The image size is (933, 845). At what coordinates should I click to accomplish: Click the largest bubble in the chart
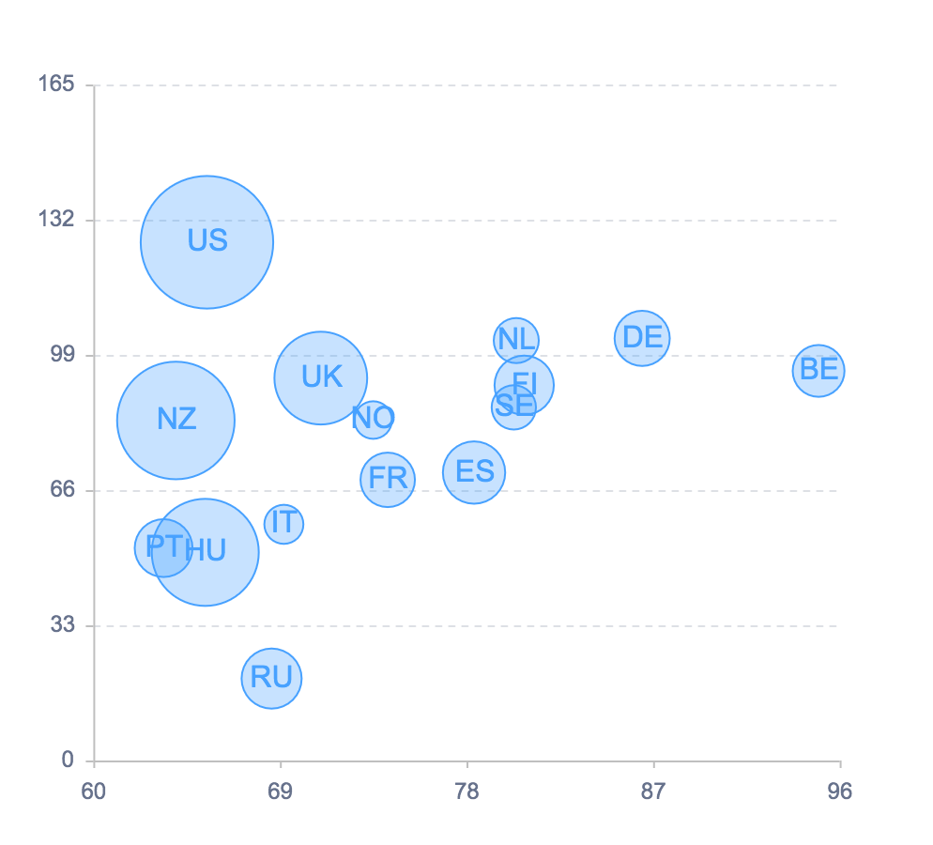(x=206, y=242)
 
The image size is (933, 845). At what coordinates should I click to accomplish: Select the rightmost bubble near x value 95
(x=818, y=371)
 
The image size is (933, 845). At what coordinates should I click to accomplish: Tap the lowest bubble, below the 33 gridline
(x=271, y=678)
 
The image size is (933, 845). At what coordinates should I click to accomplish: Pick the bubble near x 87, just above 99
(x=642, y=338)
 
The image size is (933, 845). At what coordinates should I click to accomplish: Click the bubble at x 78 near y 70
(x=474, y=472)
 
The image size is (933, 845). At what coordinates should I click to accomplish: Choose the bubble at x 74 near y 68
(x=388, y=480)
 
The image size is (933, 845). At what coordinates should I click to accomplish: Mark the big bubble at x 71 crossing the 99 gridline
(x=321, y=377)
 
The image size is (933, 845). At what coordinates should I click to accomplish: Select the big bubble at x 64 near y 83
(x=176, y=420)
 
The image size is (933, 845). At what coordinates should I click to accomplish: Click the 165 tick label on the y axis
(x=55, y=84)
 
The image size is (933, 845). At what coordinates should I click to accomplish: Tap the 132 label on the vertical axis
(x=55, y=220)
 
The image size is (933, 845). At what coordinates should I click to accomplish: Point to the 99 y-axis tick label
(x=62, y=355)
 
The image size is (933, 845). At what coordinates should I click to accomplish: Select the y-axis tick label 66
(x=62, y=490)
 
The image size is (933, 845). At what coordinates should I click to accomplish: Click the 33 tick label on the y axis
(x=62, y=624)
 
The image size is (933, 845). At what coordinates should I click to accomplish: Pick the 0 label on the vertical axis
(x=68, y=760)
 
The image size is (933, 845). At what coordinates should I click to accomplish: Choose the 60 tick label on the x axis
(x=93, y=791)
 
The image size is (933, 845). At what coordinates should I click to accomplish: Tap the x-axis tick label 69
(x=280, y=791)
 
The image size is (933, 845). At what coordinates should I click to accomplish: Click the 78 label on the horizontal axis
(x=466, y=791)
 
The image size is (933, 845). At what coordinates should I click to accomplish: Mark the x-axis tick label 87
(x=653, y=791)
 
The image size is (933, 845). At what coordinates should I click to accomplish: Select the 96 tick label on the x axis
(x=840, y=791)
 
